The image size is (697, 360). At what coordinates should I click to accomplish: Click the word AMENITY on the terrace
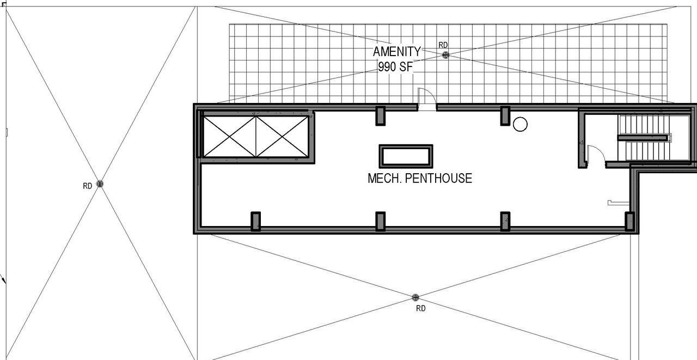click(x=396, y=52)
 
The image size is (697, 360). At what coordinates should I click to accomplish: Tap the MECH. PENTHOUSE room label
click(x=420, y=178)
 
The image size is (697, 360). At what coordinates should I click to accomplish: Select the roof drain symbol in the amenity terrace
click(x=445, y=55)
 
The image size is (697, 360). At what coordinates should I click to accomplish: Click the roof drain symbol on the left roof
click(x=100, y=184)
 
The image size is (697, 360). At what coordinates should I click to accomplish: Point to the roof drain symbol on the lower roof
click(x=415, y=297)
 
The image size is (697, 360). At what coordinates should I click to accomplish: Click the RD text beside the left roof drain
click(x=87, y=186)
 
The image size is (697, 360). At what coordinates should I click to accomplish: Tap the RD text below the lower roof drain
click(x=420, y=309)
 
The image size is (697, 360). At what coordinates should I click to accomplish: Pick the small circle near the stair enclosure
click(x=520, y=124)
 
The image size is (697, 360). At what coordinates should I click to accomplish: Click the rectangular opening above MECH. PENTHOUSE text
click(x=406, y=156)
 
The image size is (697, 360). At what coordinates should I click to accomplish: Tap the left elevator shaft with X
click(x=229, y=136)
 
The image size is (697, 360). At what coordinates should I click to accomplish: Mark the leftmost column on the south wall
click(x=255, y=221)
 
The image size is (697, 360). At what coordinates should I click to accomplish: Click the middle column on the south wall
click(x=380, y=221)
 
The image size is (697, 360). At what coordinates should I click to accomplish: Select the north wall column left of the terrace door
click(x=380, y=115)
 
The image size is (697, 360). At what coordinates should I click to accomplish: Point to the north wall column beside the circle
click(x=505, y=115)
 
